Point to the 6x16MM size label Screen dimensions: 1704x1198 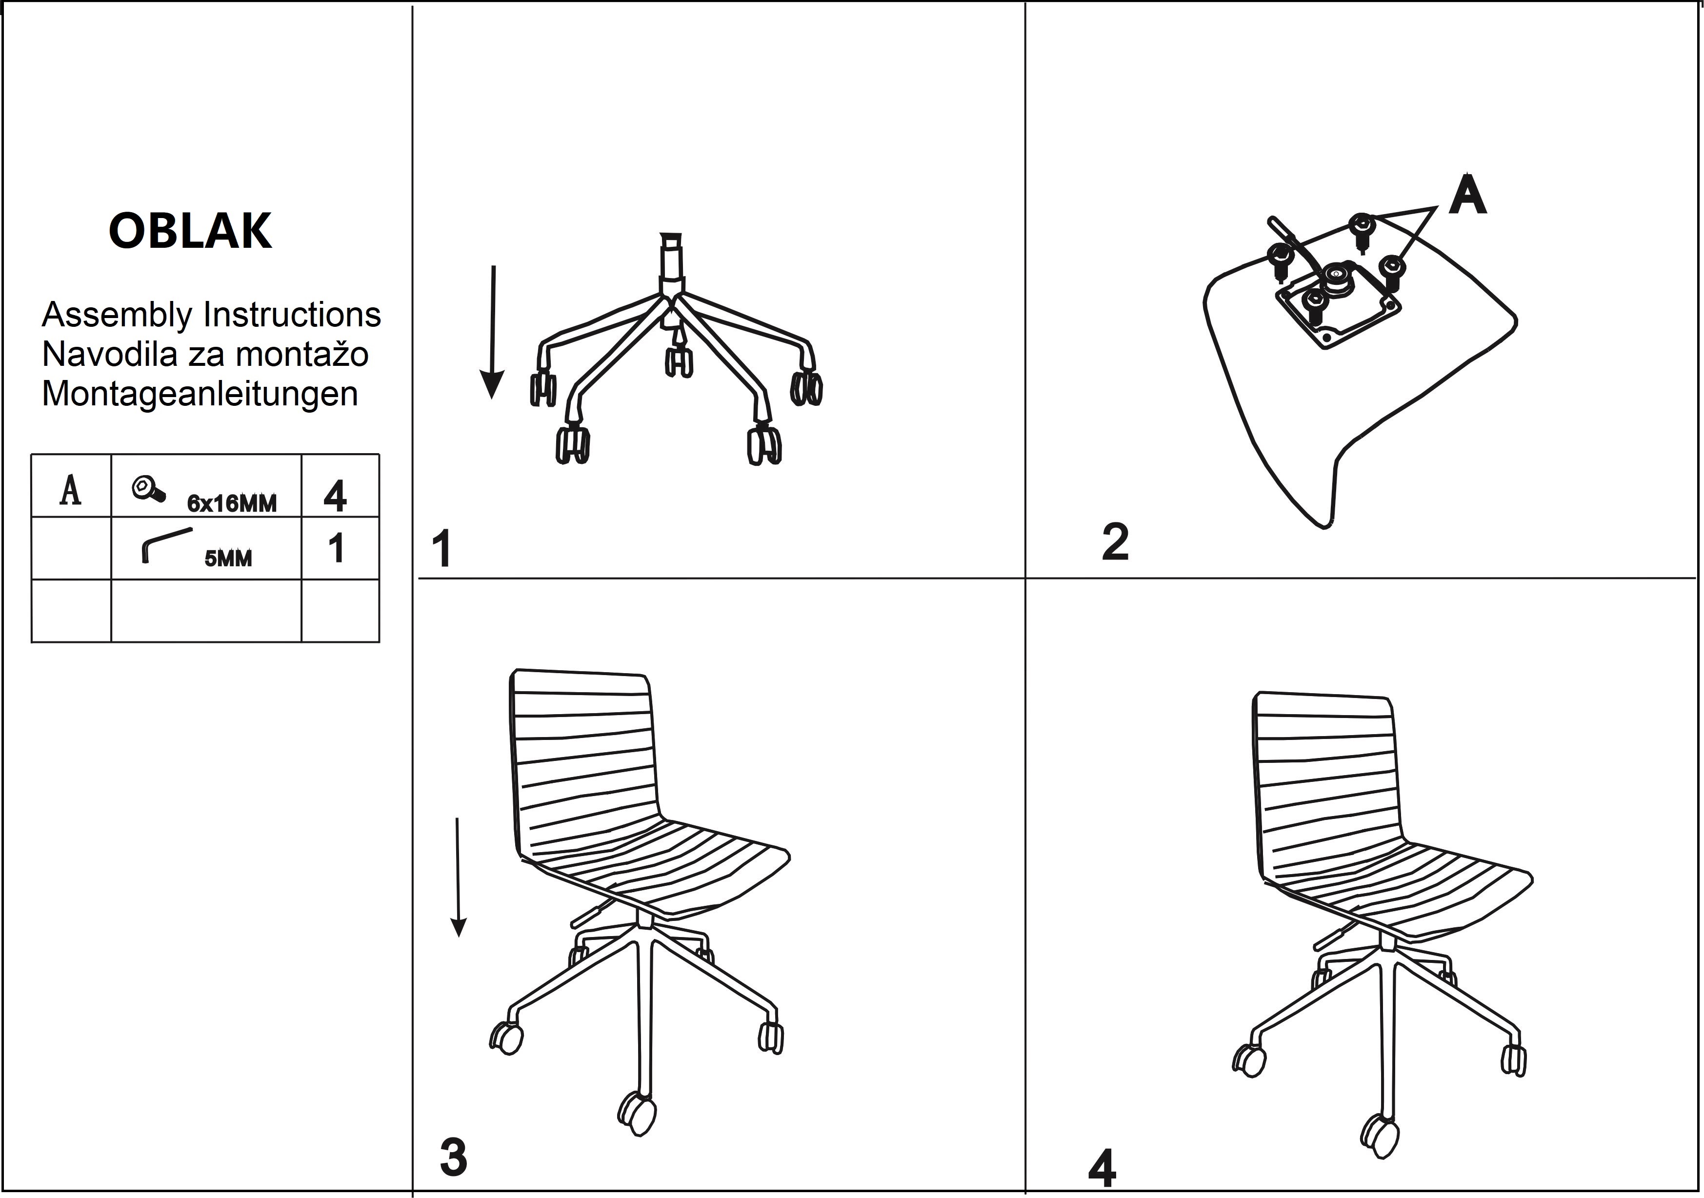[232, 504]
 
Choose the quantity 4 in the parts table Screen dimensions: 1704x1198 [336, 497]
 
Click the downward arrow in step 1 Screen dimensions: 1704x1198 [492, 332]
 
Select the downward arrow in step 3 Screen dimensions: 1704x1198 [459, 878]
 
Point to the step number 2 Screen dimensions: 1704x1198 [1116, 542]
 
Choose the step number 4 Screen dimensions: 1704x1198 [1102, 1168]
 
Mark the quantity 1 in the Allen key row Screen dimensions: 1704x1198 [336, 549]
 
